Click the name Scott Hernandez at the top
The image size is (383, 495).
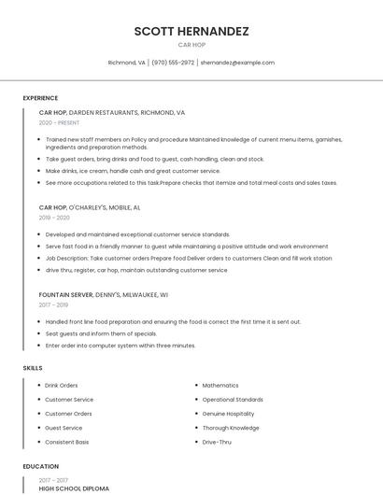(x=191, y=31)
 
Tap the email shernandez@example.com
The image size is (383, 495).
(x=237, y=63)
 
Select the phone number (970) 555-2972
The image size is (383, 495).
(x=173, y=63)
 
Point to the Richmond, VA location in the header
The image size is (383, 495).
(x=127, y=63)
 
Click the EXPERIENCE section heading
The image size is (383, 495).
(x=40, y=98)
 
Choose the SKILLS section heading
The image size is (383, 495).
(x=33, y=368)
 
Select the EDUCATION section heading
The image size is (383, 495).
(x=41, y=466)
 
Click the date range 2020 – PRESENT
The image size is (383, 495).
(x=59, y=122)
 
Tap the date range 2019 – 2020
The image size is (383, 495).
(x=54, y=218)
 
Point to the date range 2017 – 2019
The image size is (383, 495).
(x=53, y=304)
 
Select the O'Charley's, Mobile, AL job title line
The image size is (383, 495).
(x=90, y=207)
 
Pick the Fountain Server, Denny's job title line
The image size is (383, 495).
(x=103, y=294)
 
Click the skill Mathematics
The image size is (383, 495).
(x=220, y=385)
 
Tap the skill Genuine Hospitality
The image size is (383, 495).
(x=228, y=413)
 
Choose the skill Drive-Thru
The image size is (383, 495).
(x=217, y=442)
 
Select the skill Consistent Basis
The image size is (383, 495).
(x=67, y=442)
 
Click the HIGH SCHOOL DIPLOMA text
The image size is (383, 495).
(x=74, y=488)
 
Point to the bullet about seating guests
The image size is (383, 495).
(x=101, y=333)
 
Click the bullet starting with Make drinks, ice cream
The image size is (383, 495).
(x=133, y=171)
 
